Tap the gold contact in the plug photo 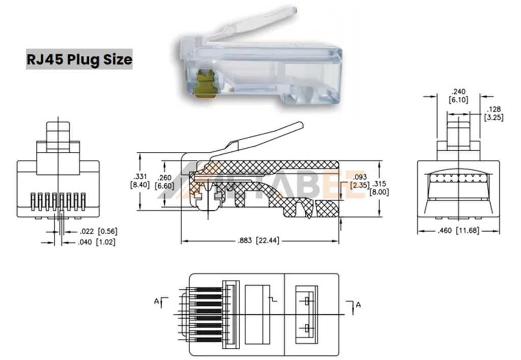[x=206, y=83]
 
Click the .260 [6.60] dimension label [x=165, y=182]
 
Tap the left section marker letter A [x=156, y=301]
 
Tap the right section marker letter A [x=358, y=304]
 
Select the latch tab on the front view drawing [x=59, y=133]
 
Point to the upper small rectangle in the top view [x=307, y=301]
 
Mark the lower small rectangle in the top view [x=307, y=327]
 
